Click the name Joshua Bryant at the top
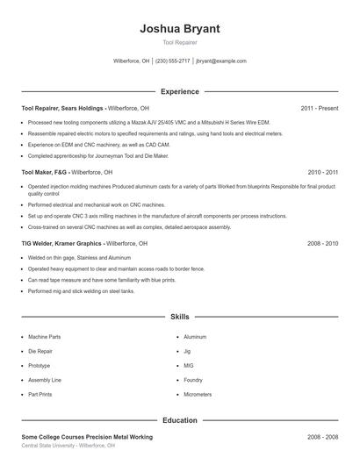coord(180,29)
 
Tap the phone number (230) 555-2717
coord(173,61)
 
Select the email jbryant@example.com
coord(221,61)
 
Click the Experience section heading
coord(180,91)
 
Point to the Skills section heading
coord(180,316)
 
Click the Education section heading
coord(180,420)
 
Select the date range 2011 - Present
coord(319,108)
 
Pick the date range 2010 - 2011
coord(323,173)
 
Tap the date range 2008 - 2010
coord(323,243)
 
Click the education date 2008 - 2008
coord(323,436)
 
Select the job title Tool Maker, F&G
coord(44,173)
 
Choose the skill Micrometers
coord(198,395)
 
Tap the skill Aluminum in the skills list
coord(195,337)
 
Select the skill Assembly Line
coord(44,380)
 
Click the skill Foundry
coord(193,380)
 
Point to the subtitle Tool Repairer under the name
coord(180,42)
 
